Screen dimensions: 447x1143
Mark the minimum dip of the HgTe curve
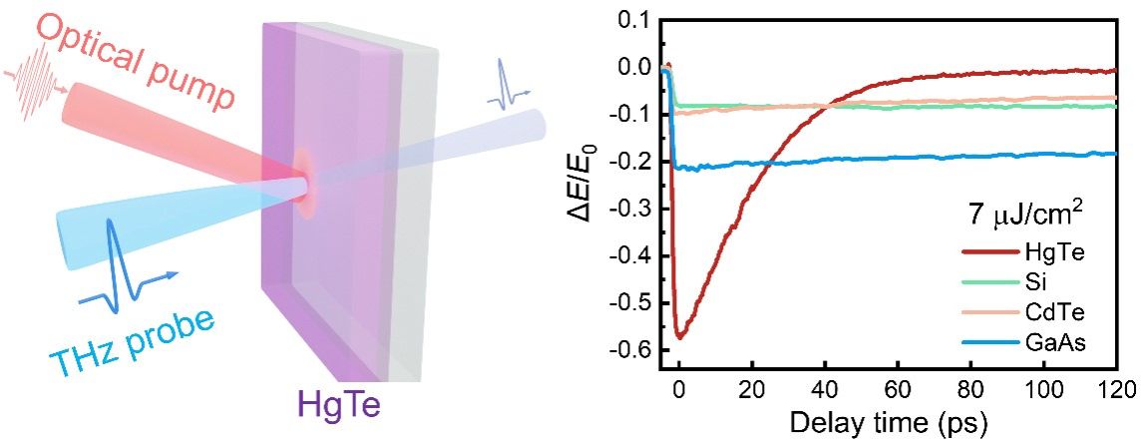tap(680, 337)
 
